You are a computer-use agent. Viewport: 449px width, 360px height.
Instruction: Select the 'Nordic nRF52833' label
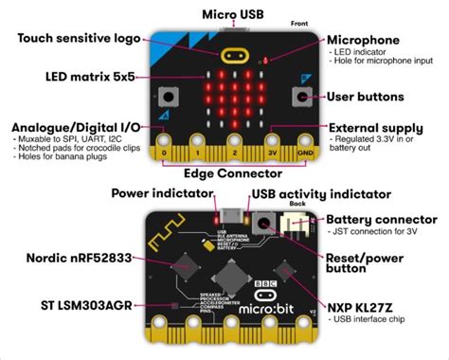click(x=65, y=257)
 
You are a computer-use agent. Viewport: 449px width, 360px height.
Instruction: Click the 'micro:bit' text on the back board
click(x=272, y=310)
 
